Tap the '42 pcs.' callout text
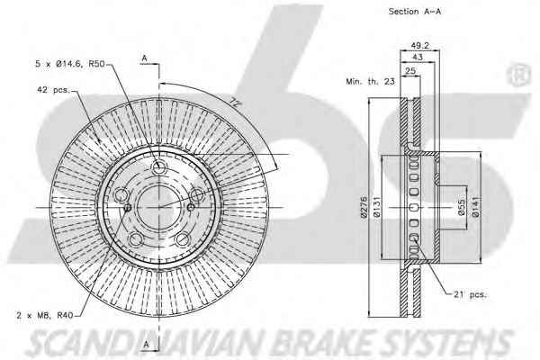pyautogui.click(x=52, y=89)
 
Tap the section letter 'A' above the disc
pyautogui.click(x=144, y=58)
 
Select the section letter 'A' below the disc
pyautogui.click(x=144, y=346)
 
